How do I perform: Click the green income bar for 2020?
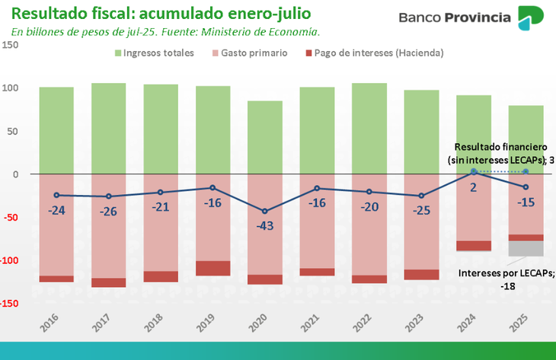[x=265, y=137]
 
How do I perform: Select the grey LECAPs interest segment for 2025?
[x=526, y=248]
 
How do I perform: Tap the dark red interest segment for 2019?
[x=212, y=268]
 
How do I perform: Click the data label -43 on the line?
[x=264, y=226]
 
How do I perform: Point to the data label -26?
[x=109, y=211]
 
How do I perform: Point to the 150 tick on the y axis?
[x=10, y=45]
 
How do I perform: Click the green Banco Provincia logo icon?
[x=530, y=18]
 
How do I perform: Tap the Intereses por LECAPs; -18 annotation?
[x=507, y=279]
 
